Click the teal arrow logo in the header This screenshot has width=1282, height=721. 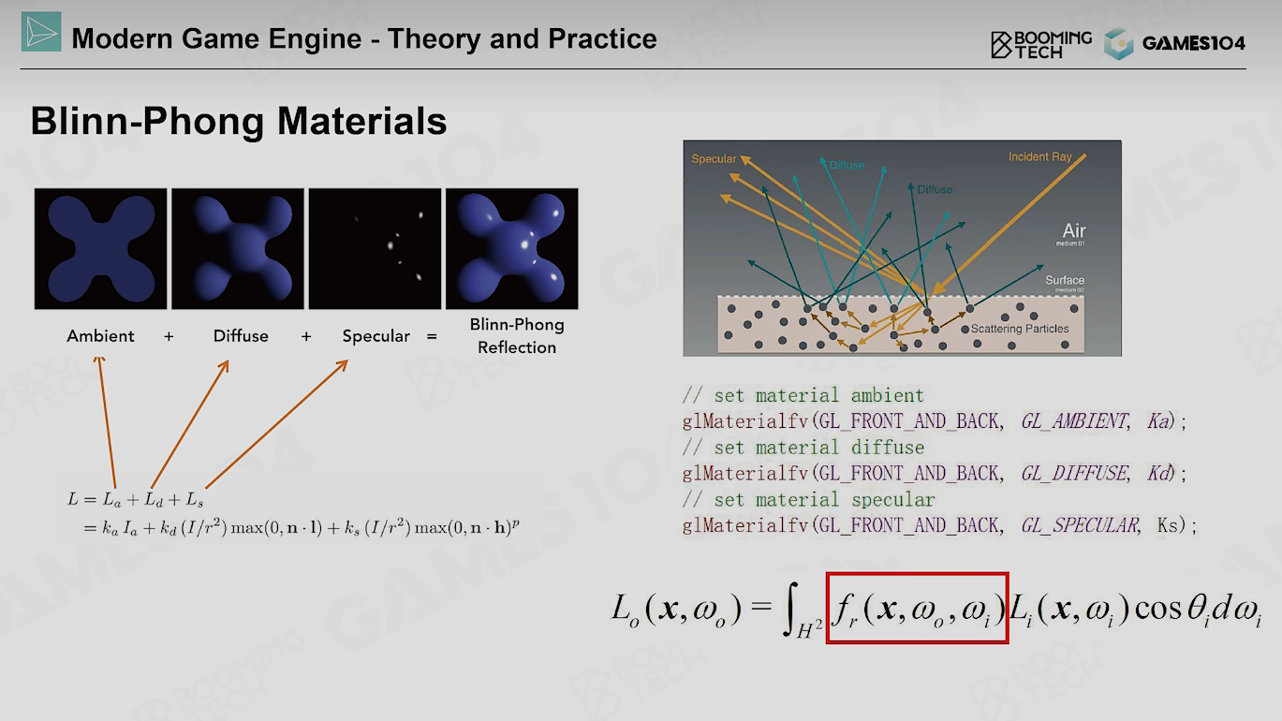pyautogui.click(x=41, y=32)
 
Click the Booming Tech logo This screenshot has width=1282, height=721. pyautogui.click(x=1041, y=44)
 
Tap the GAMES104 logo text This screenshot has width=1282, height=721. pyautogui.click(x=1193, y=43)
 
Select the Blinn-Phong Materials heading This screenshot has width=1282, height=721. pyautogui.click(x=239, y=121)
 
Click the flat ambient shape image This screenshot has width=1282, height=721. pyautogui.click(x=101, y=249)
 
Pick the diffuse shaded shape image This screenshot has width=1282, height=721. pyautogui.click(x=238, y=249)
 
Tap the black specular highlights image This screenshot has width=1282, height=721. pyautogui.click(x=375, y=249)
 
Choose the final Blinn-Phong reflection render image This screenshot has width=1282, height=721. pyautogui.click(x=512, y=249)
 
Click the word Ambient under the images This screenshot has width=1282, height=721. pyautogui.click(x=101, y=336)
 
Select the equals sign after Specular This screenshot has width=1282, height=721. pyautogui.click(x=432, y=336)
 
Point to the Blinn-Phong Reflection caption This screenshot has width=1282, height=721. pyautogui.click(x=517, y=336)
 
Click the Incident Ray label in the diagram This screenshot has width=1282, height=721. pyautogui.click(x=1039, y=156)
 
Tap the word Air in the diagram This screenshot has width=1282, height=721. pyautogui.click(x=1074, y=230)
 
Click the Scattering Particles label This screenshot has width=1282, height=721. pyautogui.click(x=1020, y=329)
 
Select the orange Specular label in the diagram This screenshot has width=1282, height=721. pyautogui.click(x=714, y=159)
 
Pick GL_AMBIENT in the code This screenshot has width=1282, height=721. pyautogui.click(x=1074, y=421)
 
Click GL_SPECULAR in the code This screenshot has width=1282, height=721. pyautogui.click(x=1080, y=525)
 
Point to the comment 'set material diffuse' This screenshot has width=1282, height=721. pyautogui.click(x=819, y=448)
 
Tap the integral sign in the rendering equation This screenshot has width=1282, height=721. pyautogui.click(x=791, y=609)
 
